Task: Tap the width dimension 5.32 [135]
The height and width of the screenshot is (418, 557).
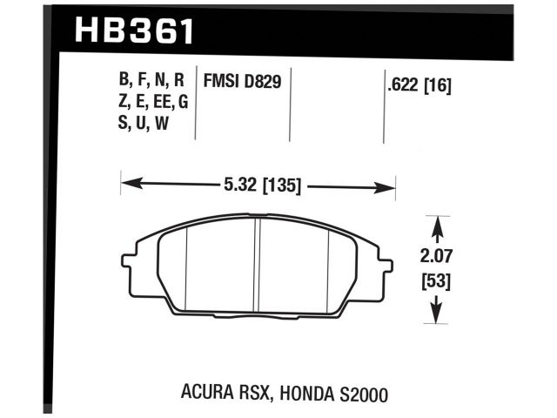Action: (x=258, y=185)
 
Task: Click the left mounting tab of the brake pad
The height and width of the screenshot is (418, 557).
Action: (x=127, y=260)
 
